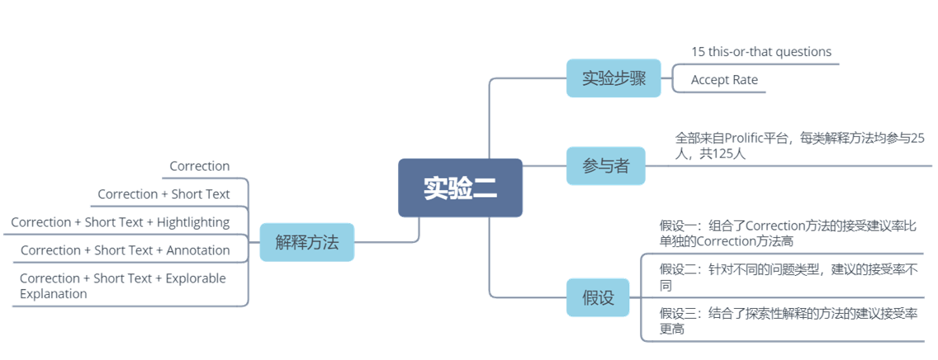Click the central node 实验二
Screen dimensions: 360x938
coord(460,188)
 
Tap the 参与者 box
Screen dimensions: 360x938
coord(606,166)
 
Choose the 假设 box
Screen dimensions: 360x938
coord(598,297)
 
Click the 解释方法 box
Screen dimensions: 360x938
coord(306,243)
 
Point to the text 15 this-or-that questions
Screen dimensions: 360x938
coord(760,51)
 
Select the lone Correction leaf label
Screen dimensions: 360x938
coord(199,166)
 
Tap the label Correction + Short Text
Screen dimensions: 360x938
coord(163,194)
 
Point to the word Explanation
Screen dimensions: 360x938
coord(53,293)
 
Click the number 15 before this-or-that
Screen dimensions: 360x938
coord(698,51)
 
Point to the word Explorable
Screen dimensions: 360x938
coord(197,278)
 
